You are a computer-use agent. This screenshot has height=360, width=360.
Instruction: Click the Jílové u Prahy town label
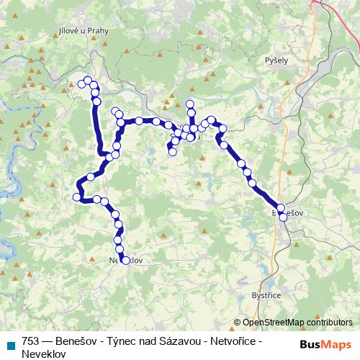point(81,32)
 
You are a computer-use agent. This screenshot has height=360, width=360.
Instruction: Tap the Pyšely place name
point(276,60)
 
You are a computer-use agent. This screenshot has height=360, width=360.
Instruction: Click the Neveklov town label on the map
point(122,261)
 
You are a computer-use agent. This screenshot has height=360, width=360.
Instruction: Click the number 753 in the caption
point(31,342)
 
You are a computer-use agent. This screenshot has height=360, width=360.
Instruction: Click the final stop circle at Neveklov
point(125,261)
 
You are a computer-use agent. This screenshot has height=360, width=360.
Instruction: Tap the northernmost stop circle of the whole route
point(89,80)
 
